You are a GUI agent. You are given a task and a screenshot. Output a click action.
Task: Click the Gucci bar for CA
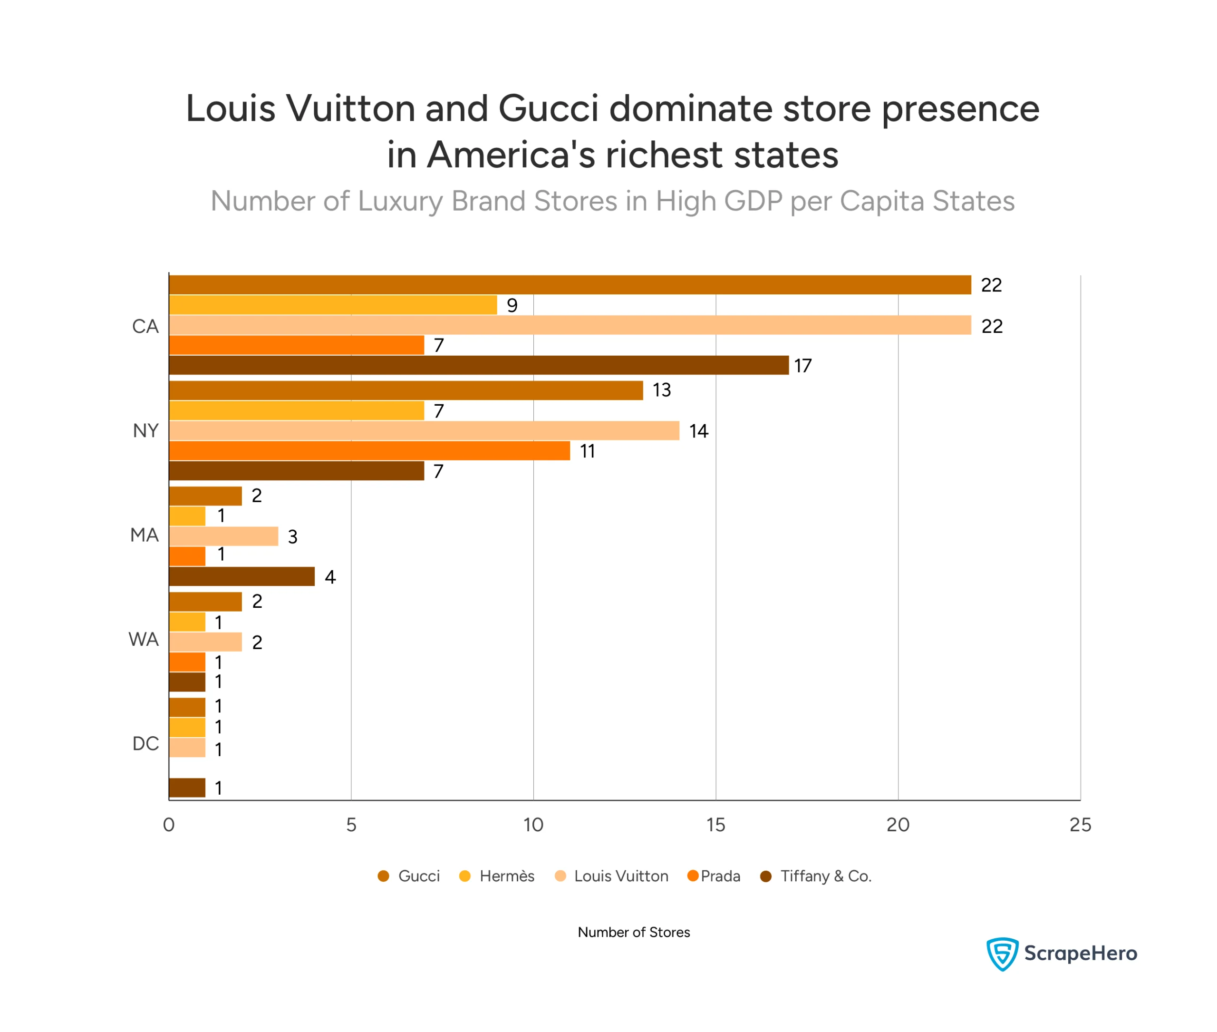point(570,285)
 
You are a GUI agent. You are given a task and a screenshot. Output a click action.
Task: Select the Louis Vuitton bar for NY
point(424,430)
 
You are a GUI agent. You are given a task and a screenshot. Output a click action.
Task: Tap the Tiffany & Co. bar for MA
point(241,576)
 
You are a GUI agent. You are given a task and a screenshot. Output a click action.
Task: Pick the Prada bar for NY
point(369,450)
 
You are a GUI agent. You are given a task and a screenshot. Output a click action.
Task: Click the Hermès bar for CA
point(333,305)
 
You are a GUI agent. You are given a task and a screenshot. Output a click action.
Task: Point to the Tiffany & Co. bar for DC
point(187,788)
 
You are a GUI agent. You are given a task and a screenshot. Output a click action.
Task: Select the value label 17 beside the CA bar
point(803,366)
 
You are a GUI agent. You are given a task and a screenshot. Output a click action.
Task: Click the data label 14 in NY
point(698,431)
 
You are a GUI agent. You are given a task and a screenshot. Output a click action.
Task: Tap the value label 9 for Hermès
point(512,305)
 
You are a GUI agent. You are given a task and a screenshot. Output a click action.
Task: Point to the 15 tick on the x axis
point(715,825)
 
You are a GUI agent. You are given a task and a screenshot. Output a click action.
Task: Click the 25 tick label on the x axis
point(1080,825)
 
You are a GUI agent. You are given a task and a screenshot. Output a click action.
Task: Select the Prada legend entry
point(714,876)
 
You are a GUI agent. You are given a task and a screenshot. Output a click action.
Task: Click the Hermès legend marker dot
point(465,876)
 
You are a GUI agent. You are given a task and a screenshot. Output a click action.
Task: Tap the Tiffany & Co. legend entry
point(816,876)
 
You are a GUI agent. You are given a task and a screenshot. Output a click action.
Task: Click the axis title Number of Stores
point(633,932)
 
